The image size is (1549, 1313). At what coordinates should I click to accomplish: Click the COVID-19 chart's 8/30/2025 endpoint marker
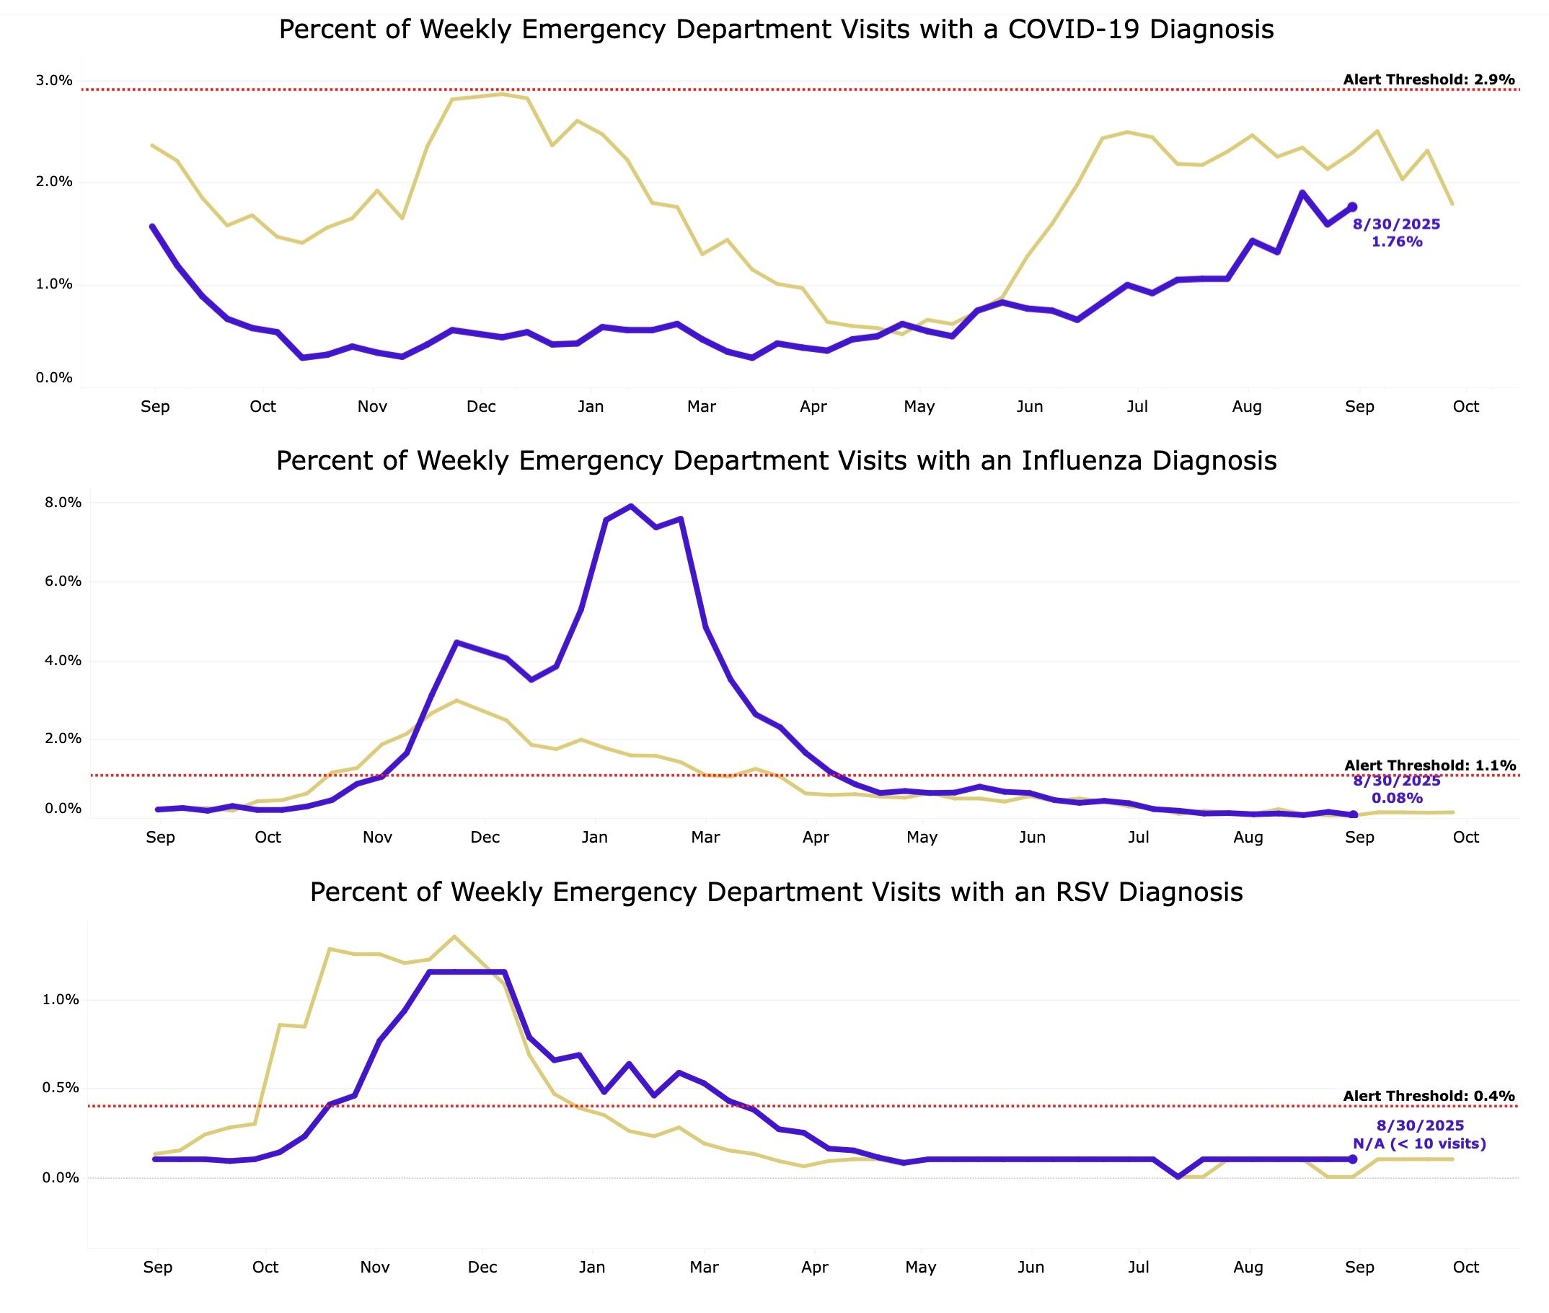tap(1353, 207)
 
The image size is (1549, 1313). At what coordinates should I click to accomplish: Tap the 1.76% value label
tap(1397, 241)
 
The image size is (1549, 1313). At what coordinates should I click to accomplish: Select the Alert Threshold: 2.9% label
tap(1429, 79)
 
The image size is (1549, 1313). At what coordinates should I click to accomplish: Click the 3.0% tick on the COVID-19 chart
tap(54, 80)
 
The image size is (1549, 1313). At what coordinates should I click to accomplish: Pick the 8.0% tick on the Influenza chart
tap(63, 502)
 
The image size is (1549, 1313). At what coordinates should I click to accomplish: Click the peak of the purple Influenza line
tap(631, 506)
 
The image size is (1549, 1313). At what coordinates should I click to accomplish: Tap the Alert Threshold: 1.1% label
tap(1429, 765)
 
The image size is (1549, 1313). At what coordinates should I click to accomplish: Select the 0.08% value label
tap(1397, 798)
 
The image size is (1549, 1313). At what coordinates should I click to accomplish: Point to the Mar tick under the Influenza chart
tap(705, 837)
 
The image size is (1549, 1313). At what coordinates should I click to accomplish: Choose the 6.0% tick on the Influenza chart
tap(63, 581)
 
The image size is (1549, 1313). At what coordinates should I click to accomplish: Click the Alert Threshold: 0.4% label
tap(1429, 1096)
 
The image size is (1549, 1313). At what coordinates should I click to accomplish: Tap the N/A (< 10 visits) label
tap(1418, 1143)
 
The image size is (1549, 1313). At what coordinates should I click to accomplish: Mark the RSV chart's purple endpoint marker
tap(1353, 1159)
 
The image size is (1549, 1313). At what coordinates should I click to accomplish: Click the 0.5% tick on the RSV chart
tap(61, 1087)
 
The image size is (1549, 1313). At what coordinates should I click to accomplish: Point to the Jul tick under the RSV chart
tap(1139, 1267)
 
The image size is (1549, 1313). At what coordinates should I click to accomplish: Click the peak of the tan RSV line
tap(454, 936)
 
